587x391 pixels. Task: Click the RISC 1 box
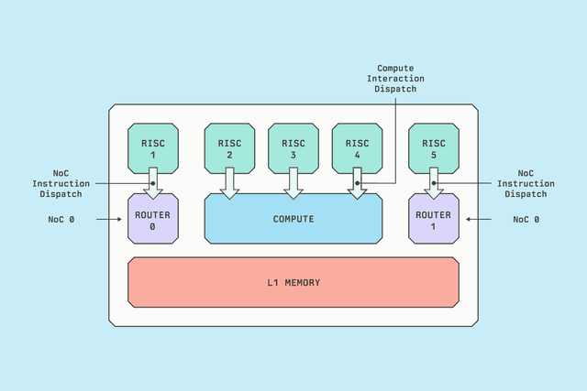(153, 147)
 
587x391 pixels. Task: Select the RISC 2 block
(229, 147)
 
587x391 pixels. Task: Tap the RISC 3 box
(293, 147)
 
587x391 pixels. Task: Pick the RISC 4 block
(357, 147)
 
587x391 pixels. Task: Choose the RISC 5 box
(433, 147)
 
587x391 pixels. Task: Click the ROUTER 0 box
(153, 220)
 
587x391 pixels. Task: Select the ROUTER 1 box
(433, 220)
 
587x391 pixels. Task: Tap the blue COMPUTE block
(293, 219)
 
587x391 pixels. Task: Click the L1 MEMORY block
(293, 282)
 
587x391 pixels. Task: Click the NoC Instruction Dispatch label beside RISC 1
(61, 183)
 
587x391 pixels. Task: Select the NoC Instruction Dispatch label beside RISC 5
(526, 183)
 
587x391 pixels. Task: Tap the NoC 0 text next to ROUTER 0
(62, 220)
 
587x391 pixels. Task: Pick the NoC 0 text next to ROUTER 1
(525, 220)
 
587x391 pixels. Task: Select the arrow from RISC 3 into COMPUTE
(293, 183)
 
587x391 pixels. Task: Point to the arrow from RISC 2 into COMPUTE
(229, 183)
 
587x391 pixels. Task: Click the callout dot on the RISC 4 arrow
(357, 183)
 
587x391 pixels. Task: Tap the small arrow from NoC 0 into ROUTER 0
(109, 220)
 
